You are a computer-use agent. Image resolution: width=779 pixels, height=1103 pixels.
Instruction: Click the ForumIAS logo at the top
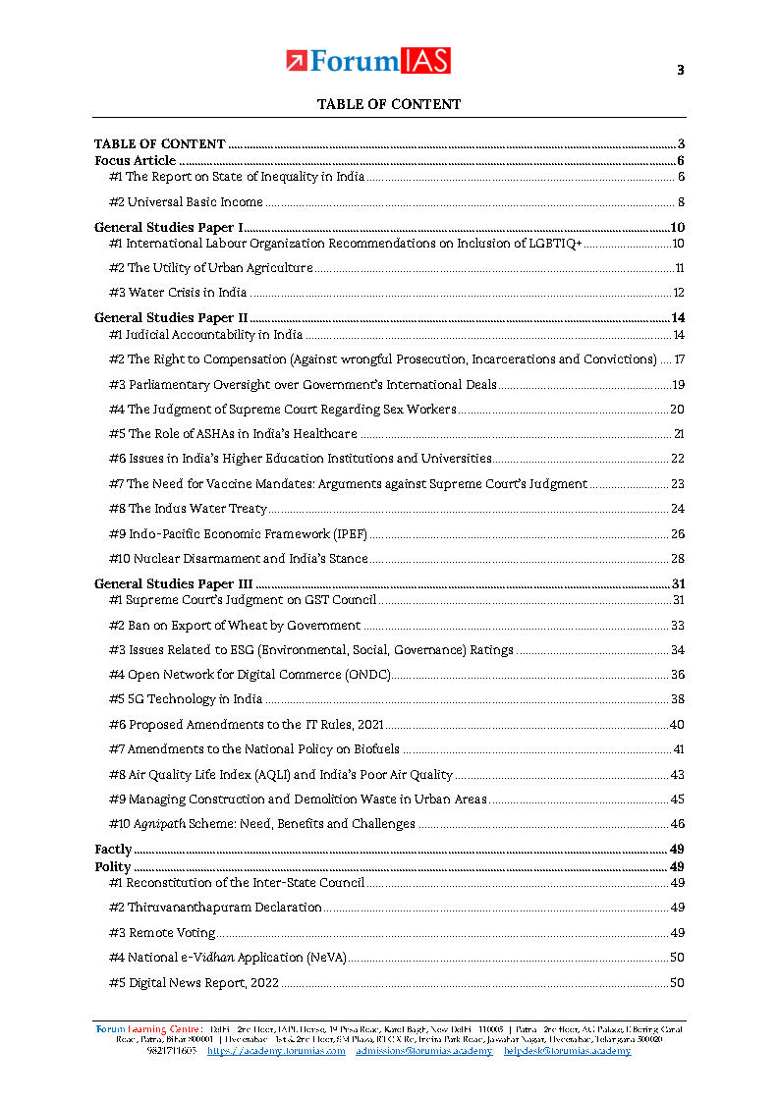click(x=368, y=61)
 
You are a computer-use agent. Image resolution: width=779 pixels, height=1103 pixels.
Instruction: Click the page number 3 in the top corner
click(x=680, y=70)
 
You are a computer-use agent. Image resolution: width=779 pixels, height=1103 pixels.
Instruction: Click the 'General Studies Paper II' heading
click(x=171, y=317)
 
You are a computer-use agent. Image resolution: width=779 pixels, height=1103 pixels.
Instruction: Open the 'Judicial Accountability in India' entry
click(x=205, y=335)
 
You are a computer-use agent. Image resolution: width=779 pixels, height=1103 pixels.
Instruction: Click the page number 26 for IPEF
click(x=677, y=534)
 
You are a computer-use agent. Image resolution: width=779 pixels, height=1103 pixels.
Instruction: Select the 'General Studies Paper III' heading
click(x=173, y=584)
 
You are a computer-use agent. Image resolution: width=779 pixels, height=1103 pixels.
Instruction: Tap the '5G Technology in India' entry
click(x=186, y=699)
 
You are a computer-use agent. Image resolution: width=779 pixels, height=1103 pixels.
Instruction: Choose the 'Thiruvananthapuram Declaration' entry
click(x=215, y=908)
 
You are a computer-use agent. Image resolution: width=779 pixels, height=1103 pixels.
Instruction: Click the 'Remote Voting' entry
click(x=162, y=933)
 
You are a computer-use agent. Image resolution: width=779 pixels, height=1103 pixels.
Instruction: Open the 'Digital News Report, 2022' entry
click(x=195, y=983)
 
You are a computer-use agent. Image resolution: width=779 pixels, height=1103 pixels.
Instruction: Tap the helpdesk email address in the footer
click(x=567, y=1051)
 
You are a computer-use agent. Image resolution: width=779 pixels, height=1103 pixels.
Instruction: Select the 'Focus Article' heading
click(x=135, y=160)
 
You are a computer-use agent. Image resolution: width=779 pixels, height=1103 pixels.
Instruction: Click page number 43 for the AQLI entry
click(x=677, y=775)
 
